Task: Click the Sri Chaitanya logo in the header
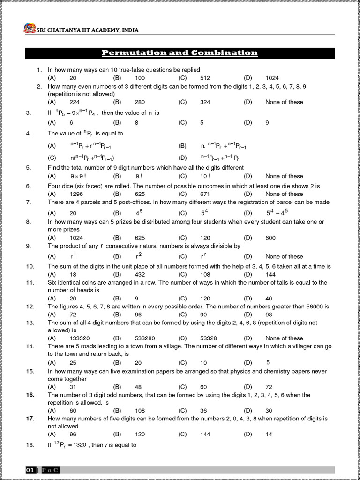click(x=29, y=29)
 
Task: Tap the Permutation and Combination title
click(x=180, y=53)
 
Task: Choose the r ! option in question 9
click(x=73, y=256)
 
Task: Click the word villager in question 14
click(x=298, y=346)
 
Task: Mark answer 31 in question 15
click(x=73, y=387)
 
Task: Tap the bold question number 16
click(x=30, y=395)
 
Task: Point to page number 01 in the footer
click(x=30, y=470)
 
